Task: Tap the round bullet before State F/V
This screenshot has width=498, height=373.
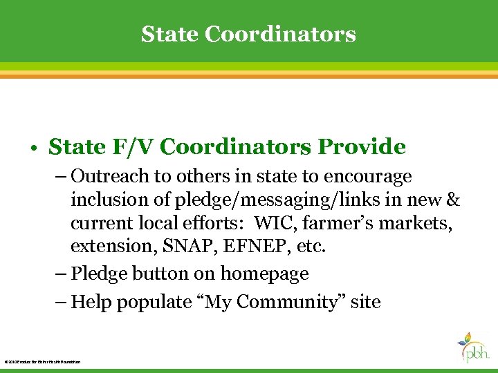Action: [x=33, y=148]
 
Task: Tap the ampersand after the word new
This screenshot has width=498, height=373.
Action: [x=454, y=200]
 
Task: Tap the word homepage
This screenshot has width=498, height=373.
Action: [x=264, y=274]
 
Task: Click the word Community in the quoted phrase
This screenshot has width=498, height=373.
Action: [x=298, y=303]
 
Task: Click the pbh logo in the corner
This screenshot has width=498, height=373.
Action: [x=474, y=348]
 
